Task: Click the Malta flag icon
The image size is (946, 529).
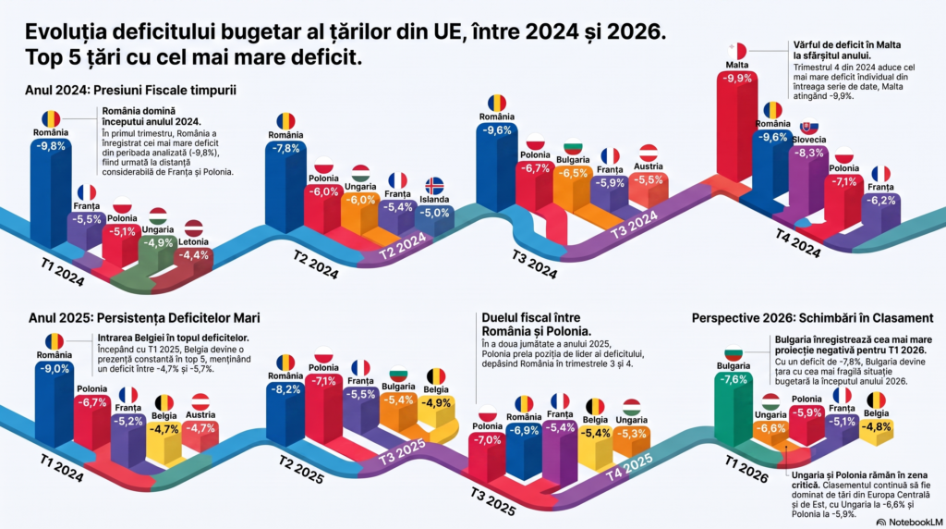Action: coord(736,51)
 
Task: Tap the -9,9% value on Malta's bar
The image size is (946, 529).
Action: coord(737,78)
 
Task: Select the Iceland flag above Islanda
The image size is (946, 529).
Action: coord(434,185)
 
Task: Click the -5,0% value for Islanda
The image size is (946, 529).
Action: coord(434,213)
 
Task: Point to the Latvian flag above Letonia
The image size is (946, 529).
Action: coord(194,228)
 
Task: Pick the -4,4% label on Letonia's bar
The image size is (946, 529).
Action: coord(194,255)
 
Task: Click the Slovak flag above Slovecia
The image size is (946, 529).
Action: coord(809,126)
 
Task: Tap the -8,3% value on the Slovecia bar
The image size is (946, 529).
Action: coord(809,154)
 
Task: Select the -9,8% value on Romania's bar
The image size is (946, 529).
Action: coord(51,146)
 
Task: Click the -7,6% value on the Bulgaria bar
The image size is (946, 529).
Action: coord(734,380)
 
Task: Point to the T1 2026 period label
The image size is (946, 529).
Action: coord(746,470)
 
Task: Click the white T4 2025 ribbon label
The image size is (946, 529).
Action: coord(629,467)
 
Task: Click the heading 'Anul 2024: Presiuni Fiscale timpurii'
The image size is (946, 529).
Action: coord(131,90)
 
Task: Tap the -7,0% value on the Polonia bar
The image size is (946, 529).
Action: coord(487,440)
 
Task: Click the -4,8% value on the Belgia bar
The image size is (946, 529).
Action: coord(876,426)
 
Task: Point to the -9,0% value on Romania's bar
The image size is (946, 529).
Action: coord(55,369)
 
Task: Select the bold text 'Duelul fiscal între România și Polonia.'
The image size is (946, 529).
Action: coord(537,325)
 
